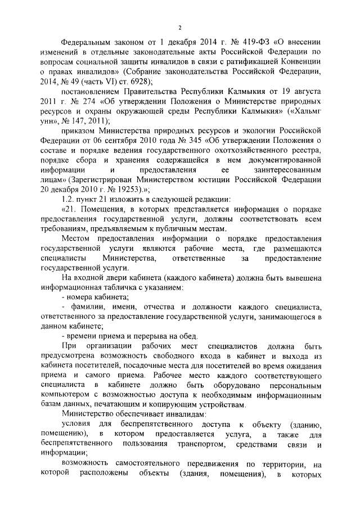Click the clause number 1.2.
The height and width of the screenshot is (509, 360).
click(68, 201)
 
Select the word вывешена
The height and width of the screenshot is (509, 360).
click(300, 278)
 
